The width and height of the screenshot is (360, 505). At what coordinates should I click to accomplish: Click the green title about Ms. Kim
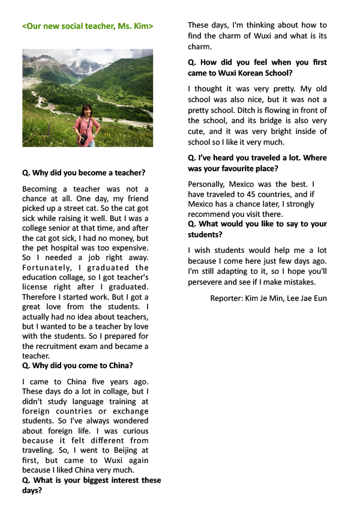(x=88, y=26)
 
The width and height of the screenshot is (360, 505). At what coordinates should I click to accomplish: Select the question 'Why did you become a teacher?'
(x=83, y=172)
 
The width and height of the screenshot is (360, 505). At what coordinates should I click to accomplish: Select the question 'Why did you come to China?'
(x=77, y=366)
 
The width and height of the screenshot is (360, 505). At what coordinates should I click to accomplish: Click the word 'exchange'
(x=130, y=411)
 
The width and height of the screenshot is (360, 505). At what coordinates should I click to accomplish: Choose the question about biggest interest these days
(x=91, y=485)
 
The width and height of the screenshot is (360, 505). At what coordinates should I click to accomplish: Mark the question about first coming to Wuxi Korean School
(x=257, y=68)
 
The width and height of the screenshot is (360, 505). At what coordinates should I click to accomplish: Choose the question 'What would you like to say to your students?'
(x=257, y=229)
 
